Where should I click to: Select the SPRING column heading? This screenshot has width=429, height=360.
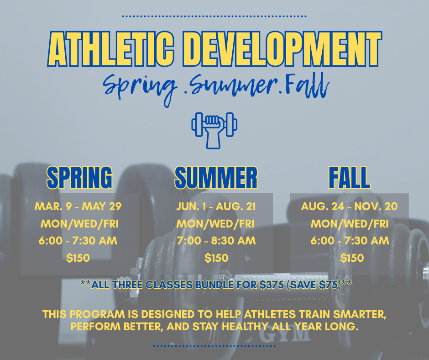[80, 178]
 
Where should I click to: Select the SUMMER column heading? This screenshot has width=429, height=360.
[216, 178]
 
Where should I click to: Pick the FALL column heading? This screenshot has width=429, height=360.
[349, 178]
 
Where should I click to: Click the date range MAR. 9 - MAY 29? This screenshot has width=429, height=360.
[78, 206]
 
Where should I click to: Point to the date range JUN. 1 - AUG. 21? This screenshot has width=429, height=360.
[216, 206]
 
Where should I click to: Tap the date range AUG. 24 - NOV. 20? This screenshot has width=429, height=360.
[349, 206]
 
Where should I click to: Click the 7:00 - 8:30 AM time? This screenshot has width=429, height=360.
[216, 241]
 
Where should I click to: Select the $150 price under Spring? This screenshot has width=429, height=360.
[78, 258]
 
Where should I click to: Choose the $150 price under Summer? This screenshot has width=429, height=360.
[216, 258]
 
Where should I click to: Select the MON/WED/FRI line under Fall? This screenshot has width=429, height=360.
[349, 224]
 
